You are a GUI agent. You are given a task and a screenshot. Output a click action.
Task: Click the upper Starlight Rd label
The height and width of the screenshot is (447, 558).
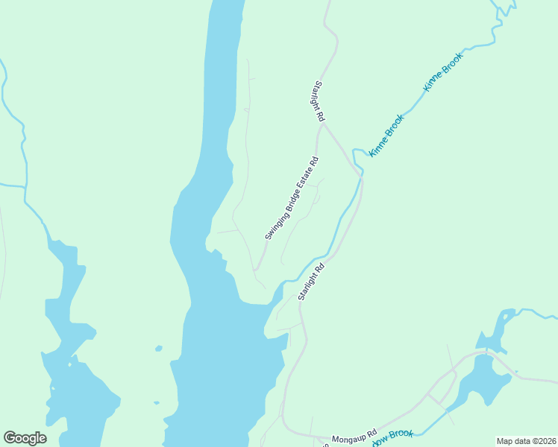click(319, 101)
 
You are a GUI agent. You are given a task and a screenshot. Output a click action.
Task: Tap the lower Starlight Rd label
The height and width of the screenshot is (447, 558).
click(312, 281)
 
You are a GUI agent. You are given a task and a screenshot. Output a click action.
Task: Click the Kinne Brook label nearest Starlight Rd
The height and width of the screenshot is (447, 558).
click(386, 134)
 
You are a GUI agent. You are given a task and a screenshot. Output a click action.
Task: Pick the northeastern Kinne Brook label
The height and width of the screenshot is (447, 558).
click(443, 72)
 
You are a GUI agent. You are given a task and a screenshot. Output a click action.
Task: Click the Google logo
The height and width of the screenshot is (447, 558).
click(25, 438)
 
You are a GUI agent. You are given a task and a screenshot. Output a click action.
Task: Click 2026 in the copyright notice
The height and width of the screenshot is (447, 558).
click(545, 441)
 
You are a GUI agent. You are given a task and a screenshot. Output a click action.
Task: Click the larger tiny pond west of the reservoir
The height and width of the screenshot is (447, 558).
click(158, 348)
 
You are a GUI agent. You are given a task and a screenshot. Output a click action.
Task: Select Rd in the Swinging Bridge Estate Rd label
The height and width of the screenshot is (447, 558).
click(315, 159)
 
